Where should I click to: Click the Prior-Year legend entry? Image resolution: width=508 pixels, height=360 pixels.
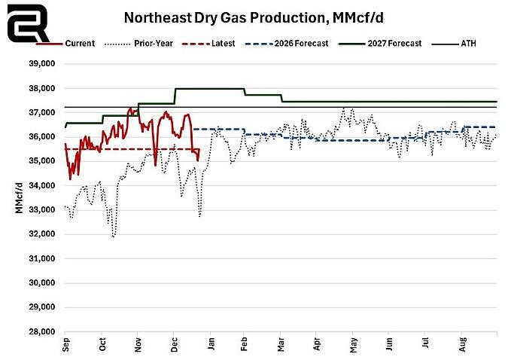[x=150, y=43]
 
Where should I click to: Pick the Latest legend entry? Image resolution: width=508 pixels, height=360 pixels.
[x=227, y=43]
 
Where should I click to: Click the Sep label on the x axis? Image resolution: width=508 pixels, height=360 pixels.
[x=65, y=345]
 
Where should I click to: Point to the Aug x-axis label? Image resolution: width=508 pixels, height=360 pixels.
[x=461, y=345]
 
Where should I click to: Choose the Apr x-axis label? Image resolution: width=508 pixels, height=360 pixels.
[x=317, y=345]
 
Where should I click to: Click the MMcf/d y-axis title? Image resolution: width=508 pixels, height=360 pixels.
[x=19, y=197]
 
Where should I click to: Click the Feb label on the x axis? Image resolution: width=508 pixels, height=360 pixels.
[x=245, y=345]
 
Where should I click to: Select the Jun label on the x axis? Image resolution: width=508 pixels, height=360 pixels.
[x=389, y=345]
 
